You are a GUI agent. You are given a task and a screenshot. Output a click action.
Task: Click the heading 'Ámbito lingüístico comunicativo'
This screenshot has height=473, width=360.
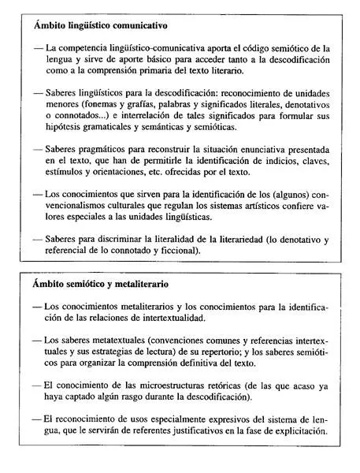102,25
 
